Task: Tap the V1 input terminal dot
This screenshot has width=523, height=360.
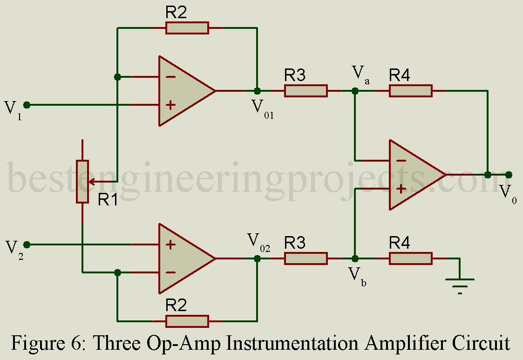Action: pyautogui.click(x=27, y=105)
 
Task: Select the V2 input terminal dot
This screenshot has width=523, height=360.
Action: pyautogui.click(x=27, y=245)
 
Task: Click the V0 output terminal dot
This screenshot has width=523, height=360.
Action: pyautogui.click(x=509, y=175)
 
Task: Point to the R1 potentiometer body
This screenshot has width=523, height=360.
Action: pyautogui.click(x=82, y=182)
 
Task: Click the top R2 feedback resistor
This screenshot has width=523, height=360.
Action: pyautogui.click(x=187, y=28)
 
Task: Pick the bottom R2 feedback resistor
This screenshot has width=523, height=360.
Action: pyautogui.click(x=187, y=321)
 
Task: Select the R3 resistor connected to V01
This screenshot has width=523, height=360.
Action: pyautogui.click(x=306, y=91)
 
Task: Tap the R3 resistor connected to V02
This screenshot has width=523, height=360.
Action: pyautogui.click(x=306, y=258)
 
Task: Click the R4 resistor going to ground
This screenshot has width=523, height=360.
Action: pyautogui.click(x=411, y=258)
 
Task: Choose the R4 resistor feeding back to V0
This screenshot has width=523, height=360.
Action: pyautogui.click(x=411, y=91)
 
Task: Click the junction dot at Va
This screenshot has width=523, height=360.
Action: pyautogui.click(x=355, y=91)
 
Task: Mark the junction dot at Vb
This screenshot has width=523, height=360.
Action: pyautogui.click(x=355, y=258)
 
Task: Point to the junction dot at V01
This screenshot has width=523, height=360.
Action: pyautogui.click(x=257, y=91)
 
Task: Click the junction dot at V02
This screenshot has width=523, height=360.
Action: pyautogui.click(x=257, y=258)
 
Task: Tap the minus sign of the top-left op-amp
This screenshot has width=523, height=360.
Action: pyautogui.click(x=170, y=76)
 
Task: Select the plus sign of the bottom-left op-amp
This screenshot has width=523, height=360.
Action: pyautogui.click(x=170, y=245)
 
